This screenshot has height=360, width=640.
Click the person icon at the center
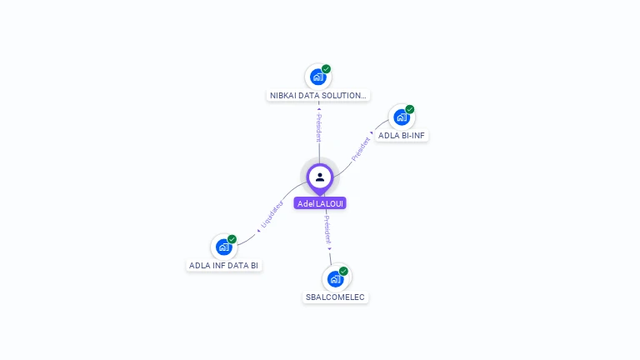(320, 177)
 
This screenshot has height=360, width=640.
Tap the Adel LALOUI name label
(320, 203)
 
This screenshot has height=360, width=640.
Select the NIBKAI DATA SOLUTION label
(318, 96)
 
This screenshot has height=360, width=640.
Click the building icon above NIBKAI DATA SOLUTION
(317, 77)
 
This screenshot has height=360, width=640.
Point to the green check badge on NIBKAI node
(327, 69)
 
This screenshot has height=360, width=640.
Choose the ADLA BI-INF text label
(402, 135)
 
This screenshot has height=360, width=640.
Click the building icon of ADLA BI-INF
(401, 117)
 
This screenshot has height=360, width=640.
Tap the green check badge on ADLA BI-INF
(410, 109)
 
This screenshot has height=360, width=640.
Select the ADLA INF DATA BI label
(223, 266)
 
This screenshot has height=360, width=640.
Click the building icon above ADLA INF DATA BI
(222, 247)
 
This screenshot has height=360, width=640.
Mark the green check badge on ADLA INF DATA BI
(232, 239)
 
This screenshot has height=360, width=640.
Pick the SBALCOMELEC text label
(335, 297)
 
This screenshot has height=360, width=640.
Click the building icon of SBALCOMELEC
(335, 279)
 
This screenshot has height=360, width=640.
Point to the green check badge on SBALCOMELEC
(344, 271)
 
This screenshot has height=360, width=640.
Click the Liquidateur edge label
(272, 213)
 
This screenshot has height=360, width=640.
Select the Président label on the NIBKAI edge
(318, 127)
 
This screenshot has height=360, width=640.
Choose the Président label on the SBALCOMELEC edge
(327, 229)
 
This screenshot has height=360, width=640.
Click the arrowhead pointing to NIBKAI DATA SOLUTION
(318, 108)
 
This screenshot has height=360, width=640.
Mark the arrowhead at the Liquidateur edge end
(258, 230)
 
